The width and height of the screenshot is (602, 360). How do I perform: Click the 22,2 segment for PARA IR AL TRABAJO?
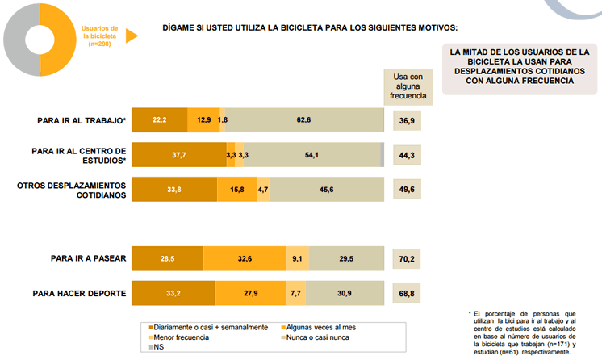(159, 119)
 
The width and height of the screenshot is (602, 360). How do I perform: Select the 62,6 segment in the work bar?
(303, 119)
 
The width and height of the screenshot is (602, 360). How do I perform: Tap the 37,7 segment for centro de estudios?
(178, 154)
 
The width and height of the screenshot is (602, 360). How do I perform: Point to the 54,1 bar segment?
(311, 154)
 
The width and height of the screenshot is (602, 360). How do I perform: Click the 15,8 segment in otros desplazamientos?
(236, 190)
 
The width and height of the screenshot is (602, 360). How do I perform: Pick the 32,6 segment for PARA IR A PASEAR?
(246, 258)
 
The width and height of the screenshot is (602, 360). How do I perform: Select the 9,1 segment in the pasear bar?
(298, 258)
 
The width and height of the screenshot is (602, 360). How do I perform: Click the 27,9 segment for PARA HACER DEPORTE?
(246, 293)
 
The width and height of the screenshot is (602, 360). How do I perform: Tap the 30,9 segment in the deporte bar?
(344, 293)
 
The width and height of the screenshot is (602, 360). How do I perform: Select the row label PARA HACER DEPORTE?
(79, 293)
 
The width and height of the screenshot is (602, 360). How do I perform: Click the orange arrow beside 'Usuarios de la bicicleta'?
(132, 36)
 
